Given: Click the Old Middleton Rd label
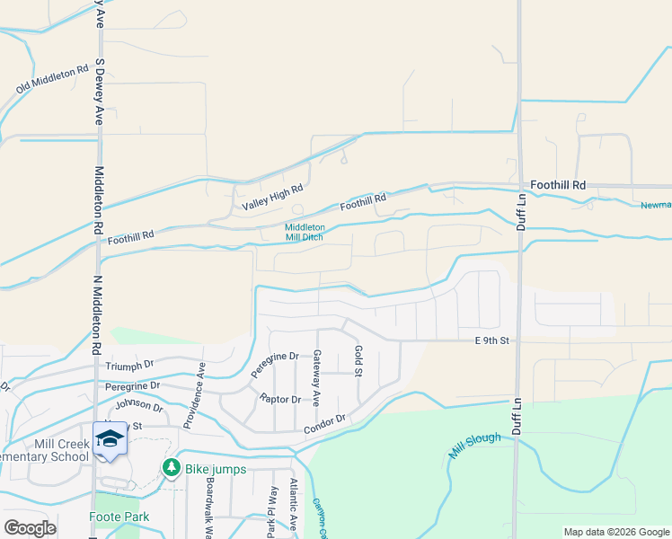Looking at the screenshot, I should [53, 79].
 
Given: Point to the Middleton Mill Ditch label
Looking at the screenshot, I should [305, 233].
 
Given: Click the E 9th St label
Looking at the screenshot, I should [492, 341].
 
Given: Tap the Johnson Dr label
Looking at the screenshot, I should [139, 406].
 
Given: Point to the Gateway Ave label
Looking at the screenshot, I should [316, 377].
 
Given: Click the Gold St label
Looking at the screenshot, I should [358, 361].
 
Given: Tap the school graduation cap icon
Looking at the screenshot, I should [110, 438].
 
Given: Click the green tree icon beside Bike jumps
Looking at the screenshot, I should [171, 468].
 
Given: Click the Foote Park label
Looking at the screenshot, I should [119, 517].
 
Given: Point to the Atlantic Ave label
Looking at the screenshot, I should [294, 503].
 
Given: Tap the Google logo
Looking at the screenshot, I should [30, 528].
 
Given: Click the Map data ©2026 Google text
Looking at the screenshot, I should [616, 532].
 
